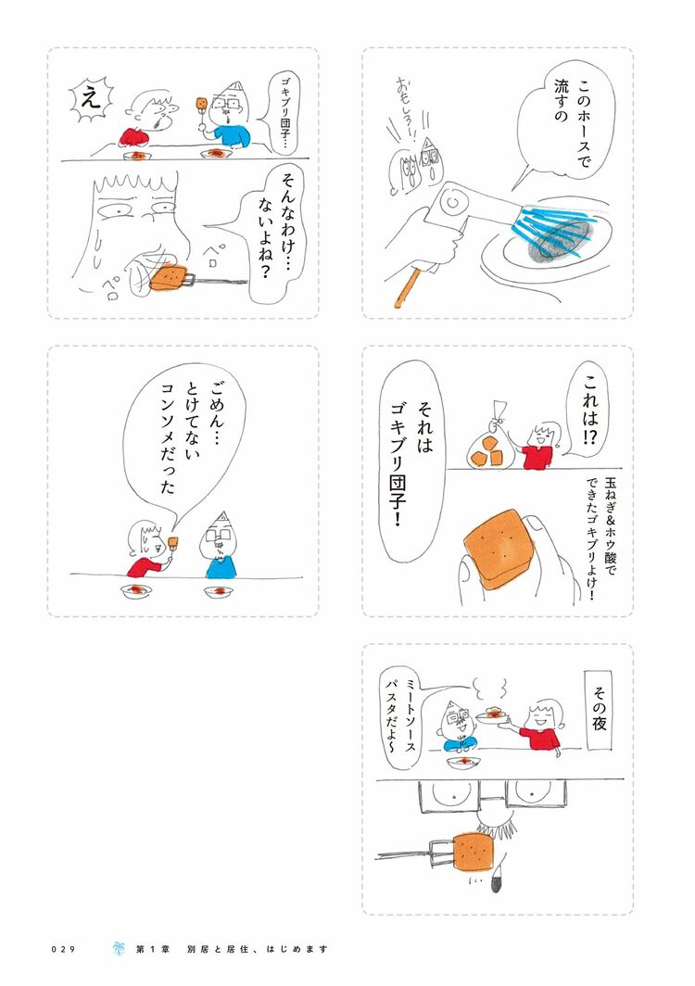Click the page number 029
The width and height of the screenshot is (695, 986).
pyautogui.click(x=63, y=949)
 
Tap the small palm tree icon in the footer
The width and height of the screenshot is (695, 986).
pyautogui.click(x=118, y=948)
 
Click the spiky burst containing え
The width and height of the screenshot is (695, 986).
pyautogui.click(x=91, y=99)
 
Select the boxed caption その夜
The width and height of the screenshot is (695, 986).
pyautogui.click(x=598, y=711)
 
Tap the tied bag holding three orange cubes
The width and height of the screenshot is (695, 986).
pyautogui.click(x=492, y=443)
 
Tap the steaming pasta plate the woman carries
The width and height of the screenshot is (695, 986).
pyautogui.click(x=493, y=716)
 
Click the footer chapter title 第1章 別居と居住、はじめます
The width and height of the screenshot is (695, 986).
pyautogui.click(x=231, y=949)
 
